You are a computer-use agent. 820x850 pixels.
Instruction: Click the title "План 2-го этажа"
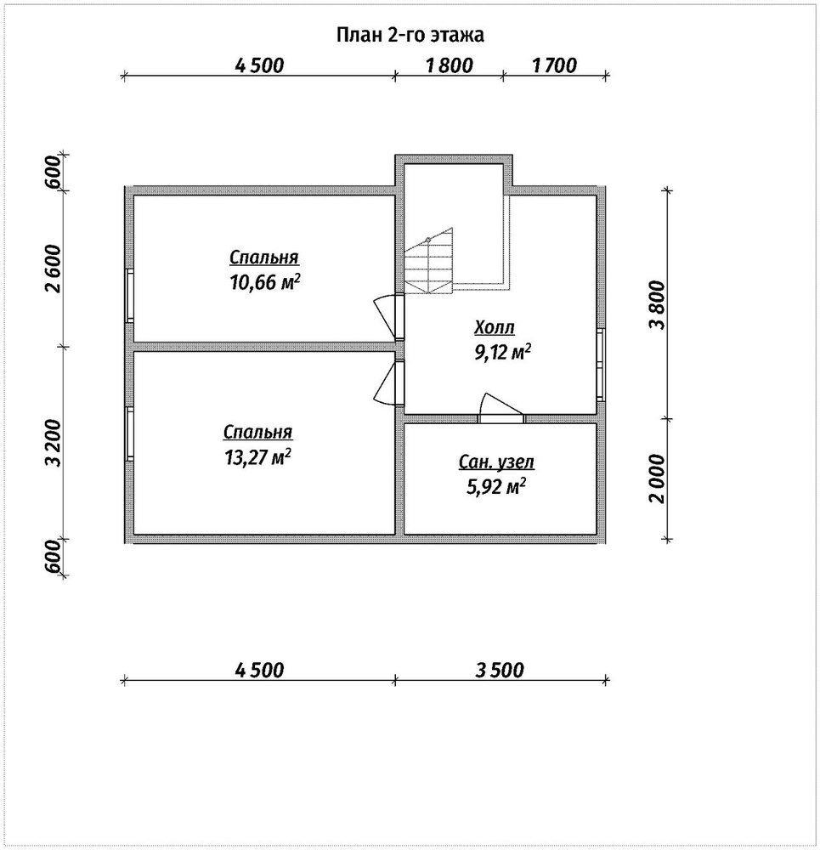coord(410,35)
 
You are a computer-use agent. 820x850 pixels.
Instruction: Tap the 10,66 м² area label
coord(265,282)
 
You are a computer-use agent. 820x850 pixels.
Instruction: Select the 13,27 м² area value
coord(258,457)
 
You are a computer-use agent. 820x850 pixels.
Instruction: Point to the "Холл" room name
coord(495,327)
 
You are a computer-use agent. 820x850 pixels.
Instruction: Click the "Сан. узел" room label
coord(496,462)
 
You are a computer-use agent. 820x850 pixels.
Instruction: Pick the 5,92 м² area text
coord(496,487)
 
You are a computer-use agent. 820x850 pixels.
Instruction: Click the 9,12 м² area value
coord(502,353)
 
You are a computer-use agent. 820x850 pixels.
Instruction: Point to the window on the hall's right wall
coord(601,365)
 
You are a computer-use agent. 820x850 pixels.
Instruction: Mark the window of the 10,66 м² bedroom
coord(129,296)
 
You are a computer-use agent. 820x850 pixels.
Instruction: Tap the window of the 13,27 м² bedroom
coord(129,433)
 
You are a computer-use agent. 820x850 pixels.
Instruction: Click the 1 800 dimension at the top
coord(450,65)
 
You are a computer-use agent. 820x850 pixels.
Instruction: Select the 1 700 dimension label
coord(554,65)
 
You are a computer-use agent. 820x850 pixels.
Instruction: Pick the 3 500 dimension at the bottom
coord(500,670)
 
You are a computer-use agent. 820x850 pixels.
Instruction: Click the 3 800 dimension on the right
coord(658,304)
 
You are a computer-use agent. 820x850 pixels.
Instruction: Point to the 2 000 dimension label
coord(658,479)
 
